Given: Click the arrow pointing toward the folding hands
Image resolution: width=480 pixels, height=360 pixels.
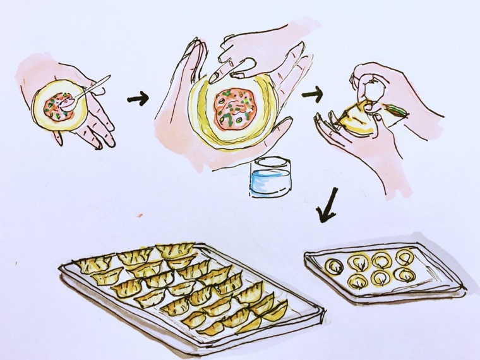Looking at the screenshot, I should coord(311,95).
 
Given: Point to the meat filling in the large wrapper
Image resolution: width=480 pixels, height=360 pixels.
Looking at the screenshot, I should coord(234,107).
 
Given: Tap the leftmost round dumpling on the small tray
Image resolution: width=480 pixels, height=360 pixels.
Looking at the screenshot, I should coord(333,267).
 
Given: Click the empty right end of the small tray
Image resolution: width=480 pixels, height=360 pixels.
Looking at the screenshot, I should coord(436,272).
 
